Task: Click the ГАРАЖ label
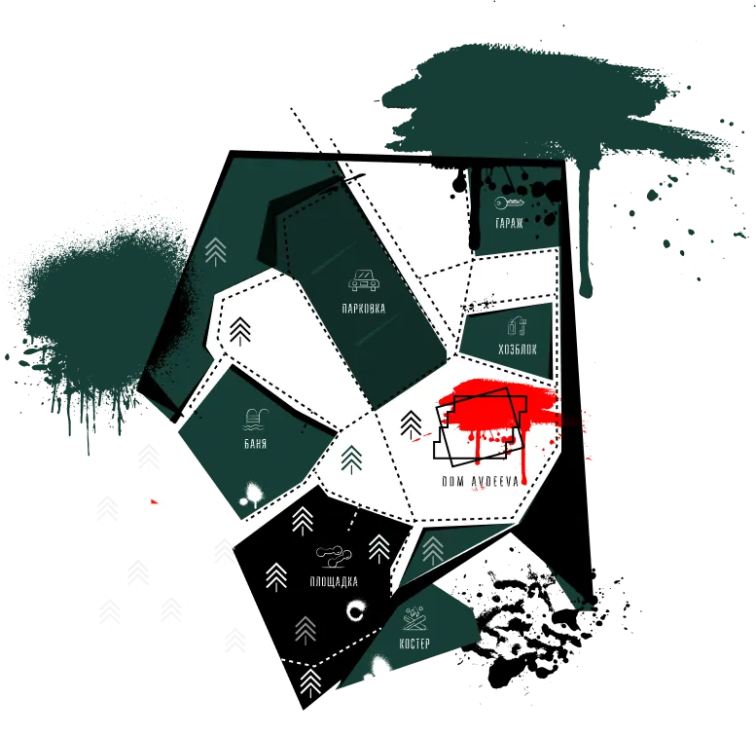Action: [509, 223]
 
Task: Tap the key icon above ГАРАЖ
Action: [509, 203]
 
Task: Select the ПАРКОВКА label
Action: [364, 309]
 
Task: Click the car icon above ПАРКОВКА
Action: [363, 280]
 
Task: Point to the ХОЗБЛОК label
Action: [518, 350]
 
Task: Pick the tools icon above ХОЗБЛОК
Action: [518, 325]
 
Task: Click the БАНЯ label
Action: [256, 443]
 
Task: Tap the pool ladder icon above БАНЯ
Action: [256, 420]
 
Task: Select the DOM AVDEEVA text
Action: [481, 481]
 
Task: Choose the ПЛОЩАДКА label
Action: [334, 581]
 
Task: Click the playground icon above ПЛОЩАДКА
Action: [334, 557]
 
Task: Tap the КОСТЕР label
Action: [414, 644]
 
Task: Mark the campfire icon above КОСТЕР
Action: [414, 619]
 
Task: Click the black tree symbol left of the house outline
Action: [411, 424]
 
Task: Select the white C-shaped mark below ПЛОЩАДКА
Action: [356, 611]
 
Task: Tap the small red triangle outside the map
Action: [155, 501]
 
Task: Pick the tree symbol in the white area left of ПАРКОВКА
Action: [240, 332]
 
